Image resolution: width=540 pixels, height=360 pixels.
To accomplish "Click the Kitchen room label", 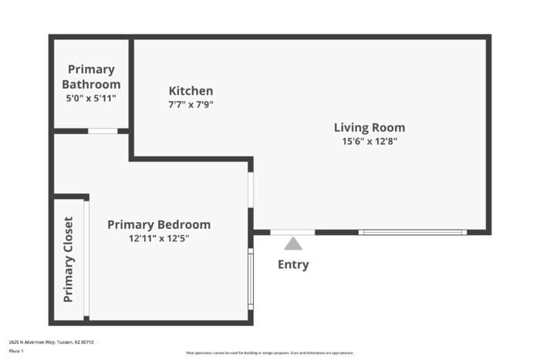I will point(191,91).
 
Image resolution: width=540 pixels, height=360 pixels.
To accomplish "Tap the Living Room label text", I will point(369,128).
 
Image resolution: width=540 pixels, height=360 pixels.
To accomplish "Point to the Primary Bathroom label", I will point(91,76).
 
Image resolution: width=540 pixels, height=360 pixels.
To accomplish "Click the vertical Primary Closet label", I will point(69,259).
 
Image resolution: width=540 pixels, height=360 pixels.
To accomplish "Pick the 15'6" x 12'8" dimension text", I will point(369,141).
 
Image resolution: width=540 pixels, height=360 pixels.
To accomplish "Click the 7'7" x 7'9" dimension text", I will point(191,104).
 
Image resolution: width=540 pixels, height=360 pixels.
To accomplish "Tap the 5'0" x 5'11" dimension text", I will point(91,98).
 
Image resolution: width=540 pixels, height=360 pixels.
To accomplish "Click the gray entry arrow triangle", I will point(293,244).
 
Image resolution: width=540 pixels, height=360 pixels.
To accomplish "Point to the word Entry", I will point(293,264).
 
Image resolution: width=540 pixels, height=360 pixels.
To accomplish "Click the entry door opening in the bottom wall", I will point(292,232).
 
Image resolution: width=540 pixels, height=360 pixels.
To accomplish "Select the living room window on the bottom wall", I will point(412,232).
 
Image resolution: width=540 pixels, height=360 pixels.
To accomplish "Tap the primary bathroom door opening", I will point(103,131).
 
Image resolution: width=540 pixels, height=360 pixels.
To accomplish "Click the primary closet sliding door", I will point(86,259).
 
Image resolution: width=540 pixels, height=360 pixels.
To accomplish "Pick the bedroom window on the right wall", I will point(250,278).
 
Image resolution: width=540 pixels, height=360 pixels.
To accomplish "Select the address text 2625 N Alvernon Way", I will point(51,341).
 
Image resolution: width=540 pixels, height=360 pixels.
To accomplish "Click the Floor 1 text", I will point(16,351).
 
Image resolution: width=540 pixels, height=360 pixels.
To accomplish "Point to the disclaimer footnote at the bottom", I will point(269,352).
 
